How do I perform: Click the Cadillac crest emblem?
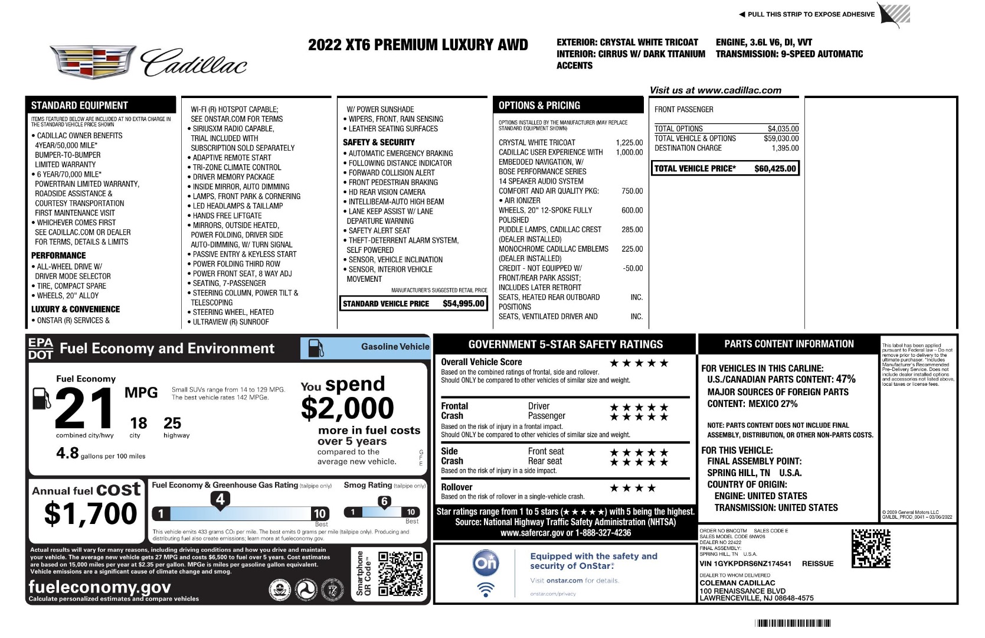(x=93, y=61)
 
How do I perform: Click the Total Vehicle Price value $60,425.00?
(x=775, y=168)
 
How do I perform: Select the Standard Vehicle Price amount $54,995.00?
(x=463, y=304)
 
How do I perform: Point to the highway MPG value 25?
(x=172, y=423)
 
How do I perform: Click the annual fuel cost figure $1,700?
(x=90, y=513)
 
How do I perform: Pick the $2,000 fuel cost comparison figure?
(x=347, y=408)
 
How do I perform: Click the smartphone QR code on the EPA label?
(x=400, y=573)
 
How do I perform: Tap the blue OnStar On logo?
(x=486, y=563)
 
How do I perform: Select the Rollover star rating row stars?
(x=632, y=488)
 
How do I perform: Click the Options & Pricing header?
(x=539, y=106)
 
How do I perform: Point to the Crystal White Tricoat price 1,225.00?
(x=629, y=142)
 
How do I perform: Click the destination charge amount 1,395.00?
(x=785, y=148)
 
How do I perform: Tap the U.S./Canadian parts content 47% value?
(x=845, y=379)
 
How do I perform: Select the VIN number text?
(x=745, y=564)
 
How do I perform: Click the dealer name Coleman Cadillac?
(x=737, y=582)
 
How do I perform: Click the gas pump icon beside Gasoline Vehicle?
(x=316, y=348)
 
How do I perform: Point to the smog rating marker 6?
(x=384, y=502)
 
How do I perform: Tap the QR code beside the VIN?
(x=871, y=548)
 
